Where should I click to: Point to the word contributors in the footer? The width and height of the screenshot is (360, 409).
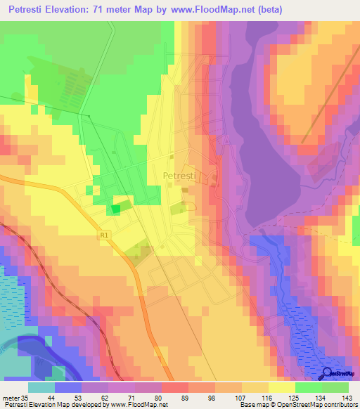tap(337, 404)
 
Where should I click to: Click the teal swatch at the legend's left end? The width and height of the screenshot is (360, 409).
tap(41, 387)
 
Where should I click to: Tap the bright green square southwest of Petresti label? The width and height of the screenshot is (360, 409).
tap(116, 209)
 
